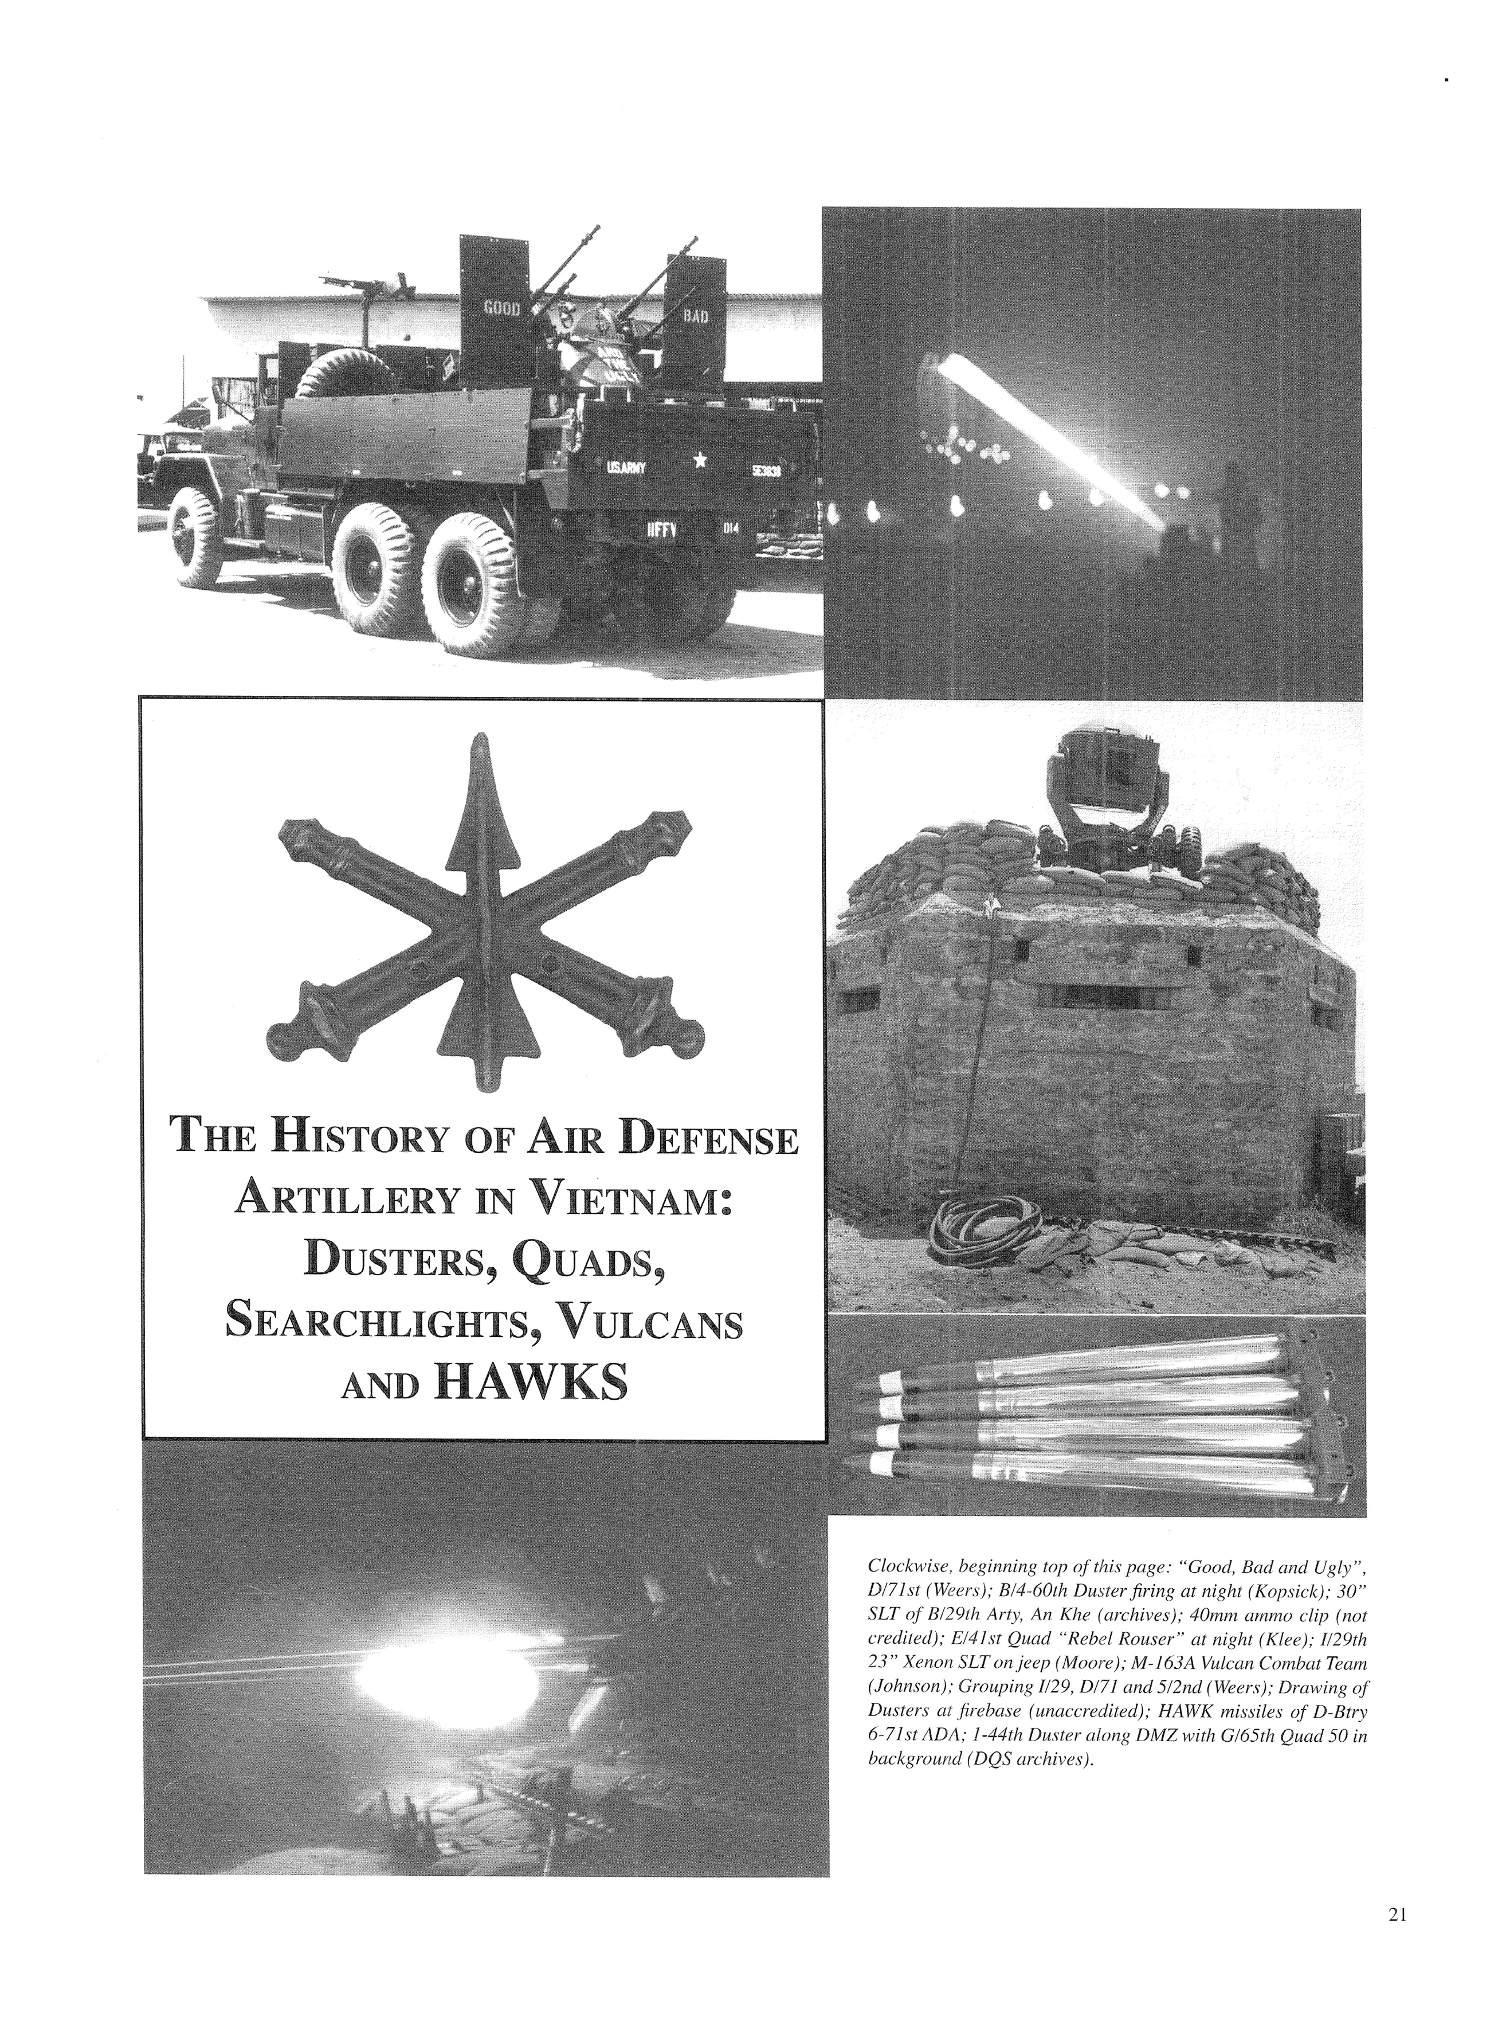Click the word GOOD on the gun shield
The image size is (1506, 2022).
click(501, 308)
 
